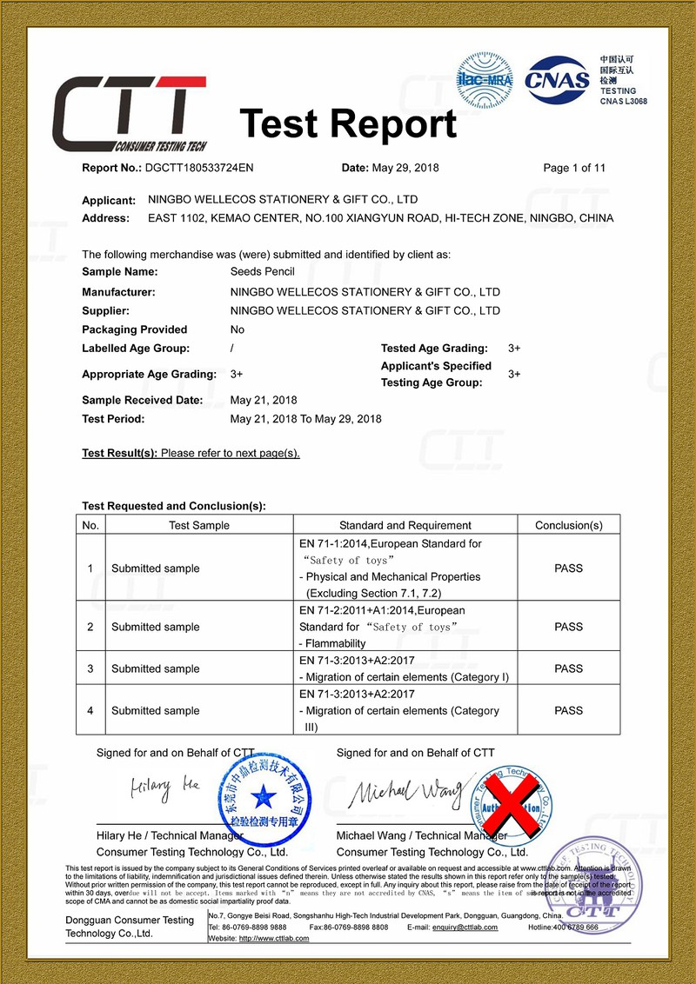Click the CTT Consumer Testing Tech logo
pos(130,114)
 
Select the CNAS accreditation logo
pos(557,79)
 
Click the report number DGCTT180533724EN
pos(199,168)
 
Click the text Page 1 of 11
pos(574,168)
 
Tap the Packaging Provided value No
pos(238,329)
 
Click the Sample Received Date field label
pos(142,401)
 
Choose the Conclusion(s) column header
pos(568,525)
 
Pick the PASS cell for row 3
pos(568,669)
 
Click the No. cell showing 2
pos(90,627)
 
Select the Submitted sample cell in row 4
pos(155,711)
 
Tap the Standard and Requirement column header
pos(405,525)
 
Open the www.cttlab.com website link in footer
pos(274,939)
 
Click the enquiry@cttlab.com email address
pos(465,927)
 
